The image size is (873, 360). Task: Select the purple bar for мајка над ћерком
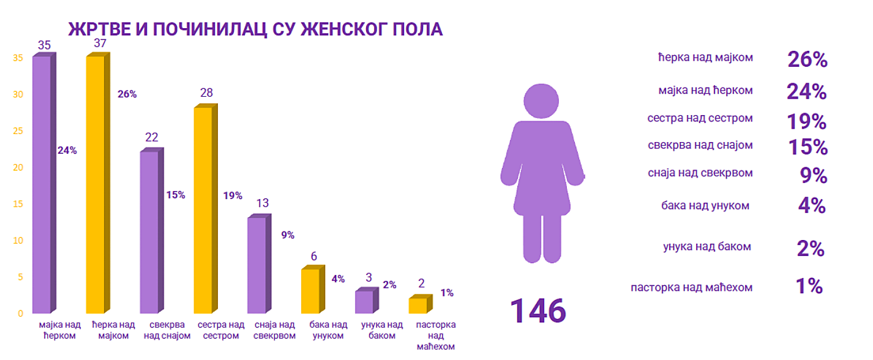(42, 184)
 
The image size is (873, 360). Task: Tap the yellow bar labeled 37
(95, 184)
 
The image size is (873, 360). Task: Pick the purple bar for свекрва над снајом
(149, 233)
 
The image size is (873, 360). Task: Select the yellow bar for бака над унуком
(310, 291)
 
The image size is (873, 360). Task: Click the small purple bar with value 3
(364, 302)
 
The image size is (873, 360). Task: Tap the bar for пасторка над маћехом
(418, 306)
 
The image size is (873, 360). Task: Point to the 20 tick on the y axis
(19, 167)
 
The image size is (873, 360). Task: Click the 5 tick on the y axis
(20, 277)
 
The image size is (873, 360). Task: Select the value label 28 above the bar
(207, 93)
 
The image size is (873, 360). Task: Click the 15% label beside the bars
(175, 195)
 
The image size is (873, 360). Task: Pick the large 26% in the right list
(807, 59)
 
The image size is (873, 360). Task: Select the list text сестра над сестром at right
(700, 118)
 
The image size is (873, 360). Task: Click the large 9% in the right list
(814, 176)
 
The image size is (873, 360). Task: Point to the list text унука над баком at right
(706, 247)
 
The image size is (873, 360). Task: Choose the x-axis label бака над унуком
(328, 330)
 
